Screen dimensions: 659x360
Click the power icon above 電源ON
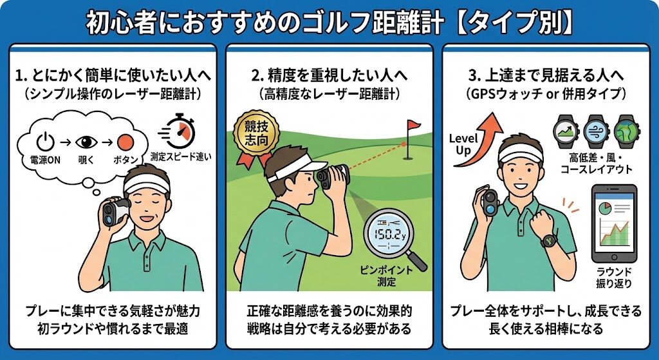45,142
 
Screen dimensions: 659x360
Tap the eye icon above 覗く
86,142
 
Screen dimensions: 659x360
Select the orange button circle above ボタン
125,142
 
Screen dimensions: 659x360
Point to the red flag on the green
413,124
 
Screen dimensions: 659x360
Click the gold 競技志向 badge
251,135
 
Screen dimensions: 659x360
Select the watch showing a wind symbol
595,131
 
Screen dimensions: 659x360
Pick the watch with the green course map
626,131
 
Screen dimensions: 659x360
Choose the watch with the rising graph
565,131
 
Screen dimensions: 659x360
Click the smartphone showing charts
614,223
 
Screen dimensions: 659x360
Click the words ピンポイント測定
386,276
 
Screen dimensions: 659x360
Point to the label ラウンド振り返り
614,278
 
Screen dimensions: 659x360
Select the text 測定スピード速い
181,157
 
